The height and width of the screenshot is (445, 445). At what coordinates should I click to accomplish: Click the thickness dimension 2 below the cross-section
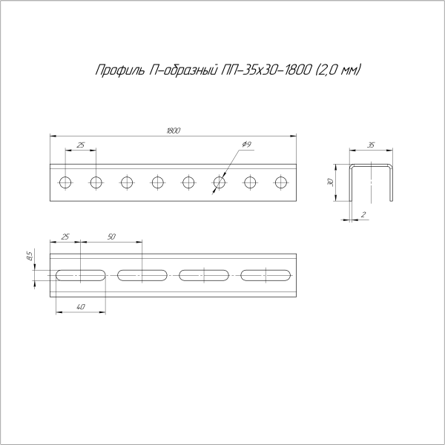[x=363, y=214]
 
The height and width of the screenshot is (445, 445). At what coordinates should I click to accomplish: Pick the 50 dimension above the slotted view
[x=111, y=237]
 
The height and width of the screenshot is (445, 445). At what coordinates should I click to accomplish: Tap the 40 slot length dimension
[x=80, y=306]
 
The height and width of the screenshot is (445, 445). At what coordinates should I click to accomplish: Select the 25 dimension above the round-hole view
[x=81, y=144]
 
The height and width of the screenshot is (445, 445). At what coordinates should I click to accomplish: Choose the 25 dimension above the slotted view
[x=65, y=237]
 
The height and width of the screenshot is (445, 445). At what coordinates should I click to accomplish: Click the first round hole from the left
[x=65, y=182]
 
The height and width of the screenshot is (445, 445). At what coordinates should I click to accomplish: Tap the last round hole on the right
[x=280, y=182]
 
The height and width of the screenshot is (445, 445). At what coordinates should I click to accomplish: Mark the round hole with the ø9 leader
[x=219, y=182]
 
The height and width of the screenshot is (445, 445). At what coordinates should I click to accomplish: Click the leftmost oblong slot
[x=80, y=275]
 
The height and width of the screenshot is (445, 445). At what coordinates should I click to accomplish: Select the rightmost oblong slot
[x=265, y=275]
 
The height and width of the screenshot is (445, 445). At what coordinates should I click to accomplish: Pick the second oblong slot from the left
[x=142, y=275]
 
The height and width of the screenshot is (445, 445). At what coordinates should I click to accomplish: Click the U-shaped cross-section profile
[x=370, y=182]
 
